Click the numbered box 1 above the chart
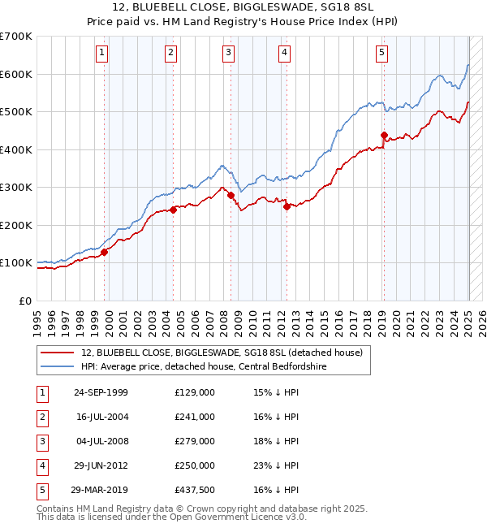pyautogui.click(x=101, y=54)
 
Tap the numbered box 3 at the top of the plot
pyautogui.click(x=229, y=54)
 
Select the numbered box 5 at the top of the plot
pyautogui.click(x=381, y=54)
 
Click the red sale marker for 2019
pyautogui.click(x=384, y=136)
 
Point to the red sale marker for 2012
pyautogui.click(x=287, y=206)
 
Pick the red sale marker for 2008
pyautogui.click(x=231, y=195)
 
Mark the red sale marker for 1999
pyautogui.click(x=105, y=252)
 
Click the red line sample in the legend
pyautogui.click(x=58, y=353)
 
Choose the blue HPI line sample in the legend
pyautogui.click(x=58, y=366)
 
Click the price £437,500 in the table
pyautogui.click(x=195, y=490)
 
